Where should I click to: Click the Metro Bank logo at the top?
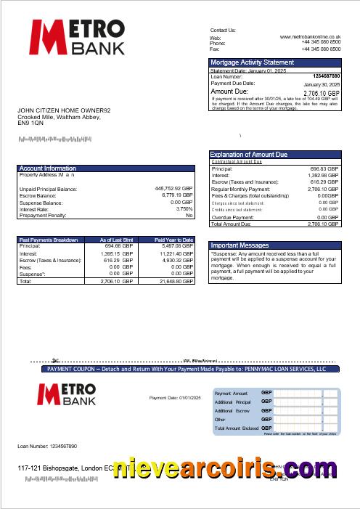(x=78, y=37)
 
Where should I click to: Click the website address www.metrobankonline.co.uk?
(x=310, y=36)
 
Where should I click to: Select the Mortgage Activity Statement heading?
(x=252, y=62)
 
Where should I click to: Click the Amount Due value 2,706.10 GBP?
(x=321, y=93)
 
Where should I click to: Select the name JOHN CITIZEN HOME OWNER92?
(x=65, y=110)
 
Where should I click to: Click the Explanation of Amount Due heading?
(x=248, y=155)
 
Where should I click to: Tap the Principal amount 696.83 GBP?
(x=322, y=168)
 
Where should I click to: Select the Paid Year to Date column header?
(x=173, y=239)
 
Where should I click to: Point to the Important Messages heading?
(x=240, y=245)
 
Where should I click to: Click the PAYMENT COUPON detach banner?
(x=187, y=369)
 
